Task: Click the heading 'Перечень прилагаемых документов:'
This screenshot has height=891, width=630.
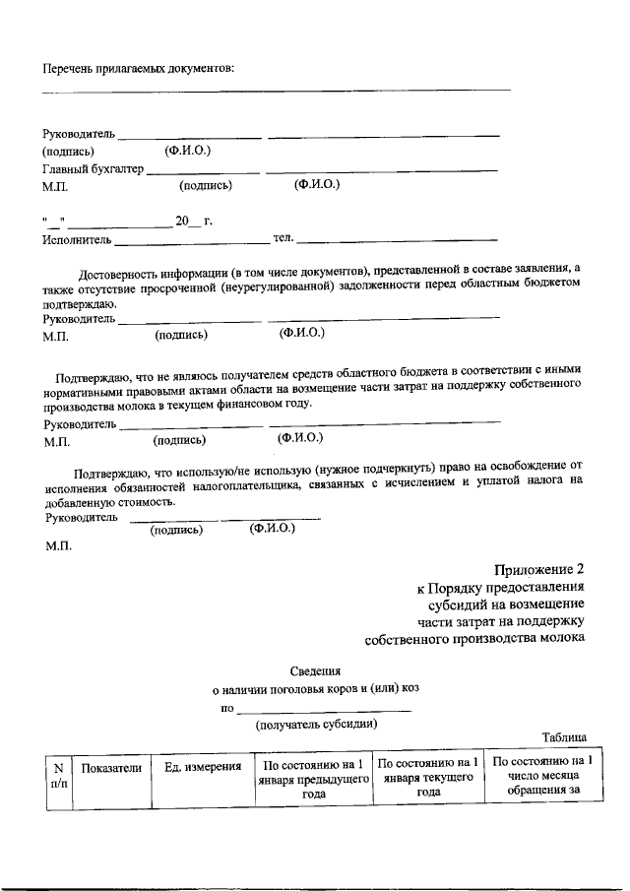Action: click(139, 68)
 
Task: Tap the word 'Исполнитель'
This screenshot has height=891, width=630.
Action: click(77, 239)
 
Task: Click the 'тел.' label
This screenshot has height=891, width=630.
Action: click(283, 238)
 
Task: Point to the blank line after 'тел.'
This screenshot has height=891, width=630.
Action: click(398, 240)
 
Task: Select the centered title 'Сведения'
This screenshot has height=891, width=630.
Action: click(315, 669)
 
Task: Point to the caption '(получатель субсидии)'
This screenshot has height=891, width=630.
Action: click(316, 725)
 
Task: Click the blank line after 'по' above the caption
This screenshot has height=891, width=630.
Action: click(324, 710)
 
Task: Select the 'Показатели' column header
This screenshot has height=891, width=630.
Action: click(111, 768)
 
